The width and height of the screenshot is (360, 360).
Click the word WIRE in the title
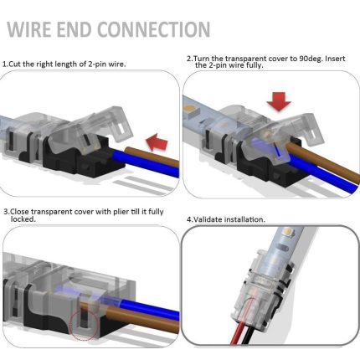coord(33,30)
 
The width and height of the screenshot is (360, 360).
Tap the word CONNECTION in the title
coord(153,30)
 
